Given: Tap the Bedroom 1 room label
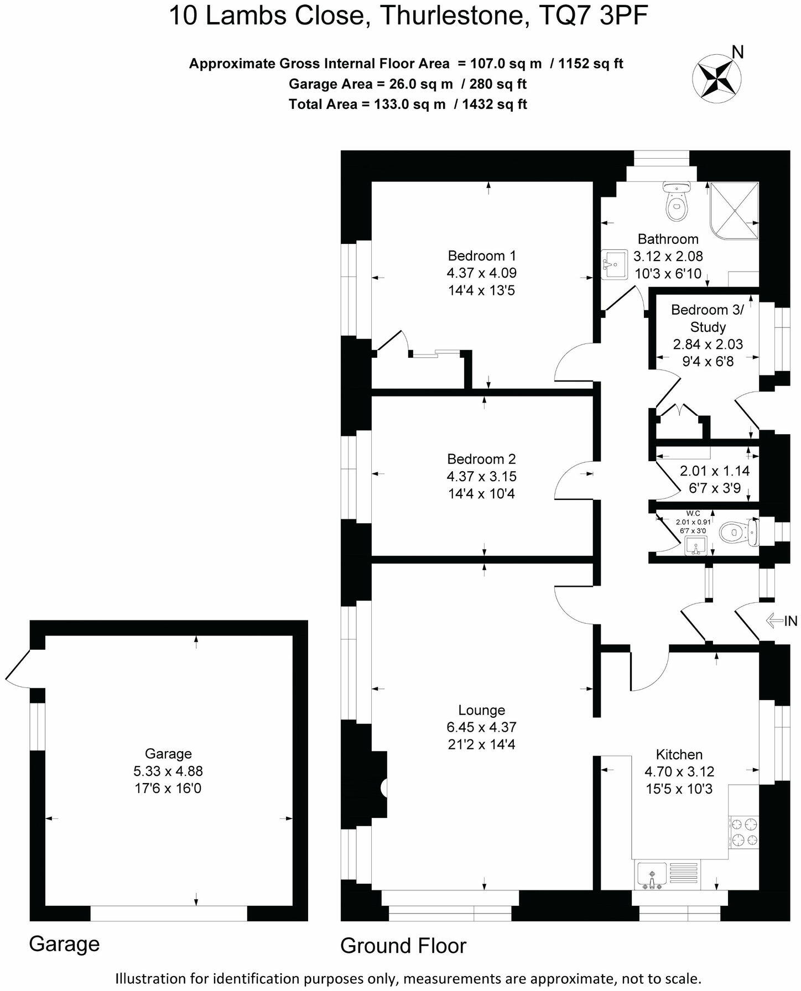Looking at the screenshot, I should [481, 256].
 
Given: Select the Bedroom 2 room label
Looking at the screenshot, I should [481, 459].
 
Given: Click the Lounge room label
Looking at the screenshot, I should [481, 710].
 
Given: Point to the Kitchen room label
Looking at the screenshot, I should [679, 754].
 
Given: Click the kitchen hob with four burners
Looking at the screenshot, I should [743, 832].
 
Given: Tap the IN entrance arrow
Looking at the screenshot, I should [781, 621].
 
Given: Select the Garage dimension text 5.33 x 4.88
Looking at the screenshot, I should [168, 771].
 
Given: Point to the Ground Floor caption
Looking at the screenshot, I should [403, 946].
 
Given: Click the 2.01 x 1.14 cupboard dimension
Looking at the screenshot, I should [714, 471].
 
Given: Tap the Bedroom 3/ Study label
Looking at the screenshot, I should [708, 318].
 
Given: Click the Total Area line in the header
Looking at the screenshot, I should [408, 104].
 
